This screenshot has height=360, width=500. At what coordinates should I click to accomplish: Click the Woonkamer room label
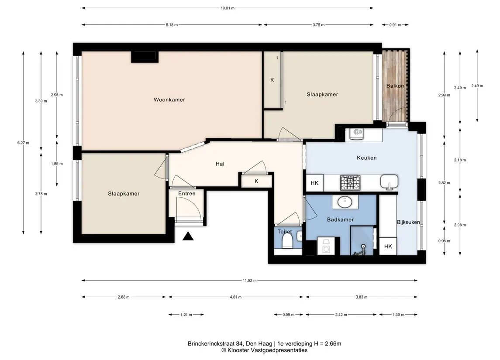click(169, 100)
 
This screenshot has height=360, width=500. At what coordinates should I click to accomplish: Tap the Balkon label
click(395, 86)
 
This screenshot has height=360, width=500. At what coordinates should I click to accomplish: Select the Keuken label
click(367, 158)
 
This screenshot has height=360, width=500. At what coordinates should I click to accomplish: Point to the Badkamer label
click(340, 219)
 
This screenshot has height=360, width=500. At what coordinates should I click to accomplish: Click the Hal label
click(220, 164)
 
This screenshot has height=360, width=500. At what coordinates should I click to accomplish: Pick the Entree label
click(187, 193)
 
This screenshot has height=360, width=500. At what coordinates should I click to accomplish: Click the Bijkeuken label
click(408, 222)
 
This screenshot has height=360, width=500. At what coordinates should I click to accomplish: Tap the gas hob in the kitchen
click(350, 183)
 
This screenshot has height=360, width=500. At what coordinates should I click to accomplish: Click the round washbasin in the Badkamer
click(345, 202)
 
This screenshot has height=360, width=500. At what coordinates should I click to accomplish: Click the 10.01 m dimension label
click(228, 8)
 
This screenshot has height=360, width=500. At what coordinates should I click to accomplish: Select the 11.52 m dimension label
click(250, 280)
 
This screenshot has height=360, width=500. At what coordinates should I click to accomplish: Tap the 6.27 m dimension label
click(23, 143)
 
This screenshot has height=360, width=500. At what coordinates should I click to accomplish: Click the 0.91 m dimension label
click(395, 24)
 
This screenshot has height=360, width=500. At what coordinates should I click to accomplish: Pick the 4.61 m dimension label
click(236, 297)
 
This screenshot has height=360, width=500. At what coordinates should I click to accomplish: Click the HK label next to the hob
click(314, 183)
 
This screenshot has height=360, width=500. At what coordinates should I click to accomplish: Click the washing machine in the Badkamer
click(326, 246)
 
